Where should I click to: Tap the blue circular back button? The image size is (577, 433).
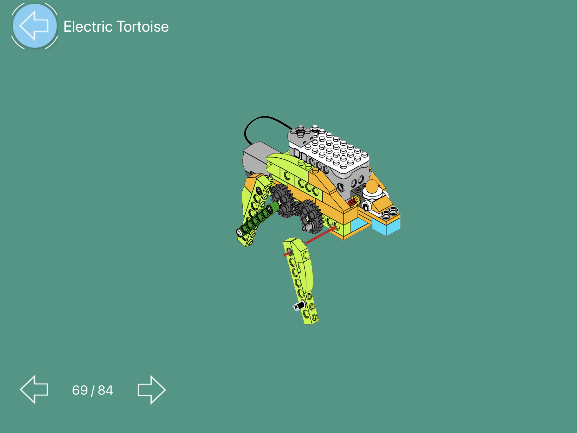(x=35, y=26)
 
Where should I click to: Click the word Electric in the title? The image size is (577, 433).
(x=88, y=27)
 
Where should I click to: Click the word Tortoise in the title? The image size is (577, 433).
(x=143, y=27)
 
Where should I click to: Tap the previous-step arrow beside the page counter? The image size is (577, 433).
(x=34, y=389)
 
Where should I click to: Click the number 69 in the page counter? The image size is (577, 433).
(x=80, y=390)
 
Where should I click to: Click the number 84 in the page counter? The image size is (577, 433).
(x=105, y=390)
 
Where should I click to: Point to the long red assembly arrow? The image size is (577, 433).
(x=321, y=235)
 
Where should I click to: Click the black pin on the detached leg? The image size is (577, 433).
(x=299, y=306)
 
